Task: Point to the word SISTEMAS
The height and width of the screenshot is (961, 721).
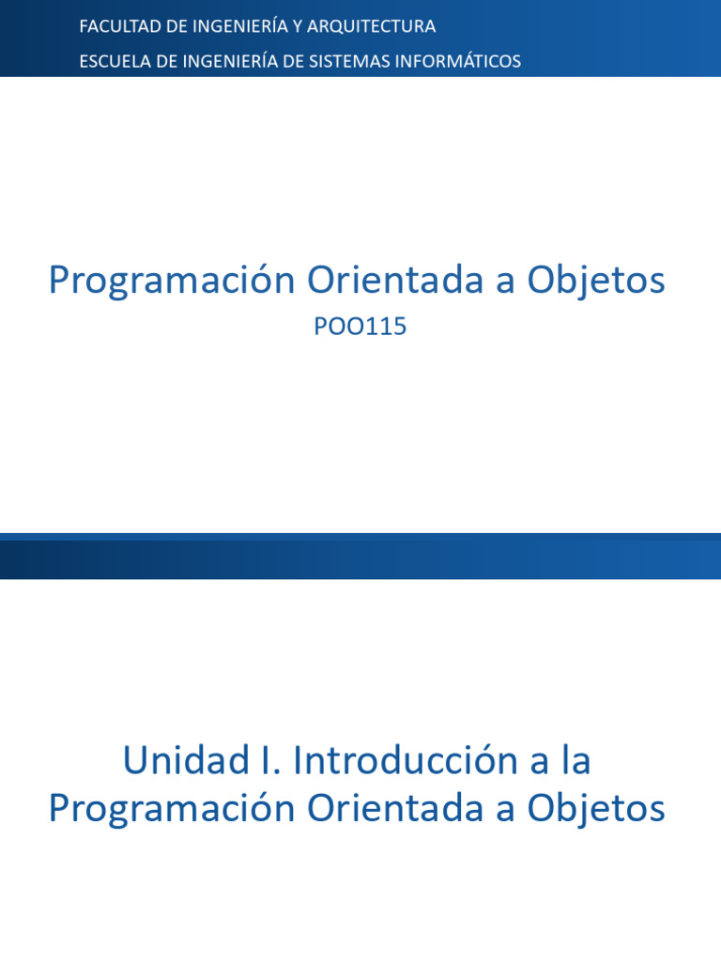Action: (347, 61)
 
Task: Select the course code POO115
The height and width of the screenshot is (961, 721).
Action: (360, 327)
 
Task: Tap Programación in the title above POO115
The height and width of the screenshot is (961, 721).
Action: (172, 281)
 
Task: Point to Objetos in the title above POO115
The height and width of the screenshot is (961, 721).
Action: (595, 281)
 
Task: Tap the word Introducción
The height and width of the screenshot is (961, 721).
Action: (407, 760)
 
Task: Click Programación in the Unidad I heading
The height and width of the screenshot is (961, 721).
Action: (172, 808)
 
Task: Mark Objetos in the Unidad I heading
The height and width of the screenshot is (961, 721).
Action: (595, 808)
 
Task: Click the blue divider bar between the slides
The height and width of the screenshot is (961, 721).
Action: (360, 557)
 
